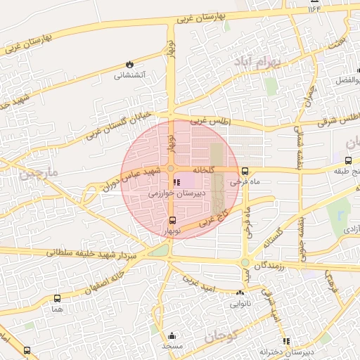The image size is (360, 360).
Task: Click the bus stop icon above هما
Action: click(x=57, y=298)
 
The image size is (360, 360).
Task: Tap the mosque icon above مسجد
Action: click(x=172, y=336)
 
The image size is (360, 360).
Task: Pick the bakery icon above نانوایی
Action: click(x=240, y=293)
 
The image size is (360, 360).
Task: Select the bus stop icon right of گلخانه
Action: click(x=245, y=170)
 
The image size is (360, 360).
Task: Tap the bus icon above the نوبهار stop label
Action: click(x=173, y=220)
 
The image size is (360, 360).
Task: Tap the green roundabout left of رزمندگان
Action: click(x=245, y=264)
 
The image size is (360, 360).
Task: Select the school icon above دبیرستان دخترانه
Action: click(x=285, y=342)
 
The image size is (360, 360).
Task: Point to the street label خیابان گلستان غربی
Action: click(x=120, y=124)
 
